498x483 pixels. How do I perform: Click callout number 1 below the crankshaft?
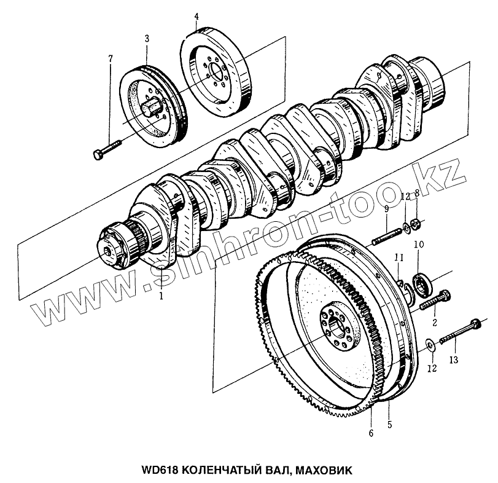[161, 296]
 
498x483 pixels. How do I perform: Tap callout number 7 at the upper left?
[111, 58]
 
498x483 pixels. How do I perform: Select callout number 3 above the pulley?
[147, 39]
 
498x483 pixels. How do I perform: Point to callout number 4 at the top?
[196, 15]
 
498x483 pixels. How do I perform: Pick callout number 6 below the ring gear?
[370, 434]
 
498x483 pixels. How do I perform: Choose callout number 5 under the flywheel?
[389, 424]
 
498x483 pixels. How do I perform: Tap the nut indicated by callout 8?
[415, 223]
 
